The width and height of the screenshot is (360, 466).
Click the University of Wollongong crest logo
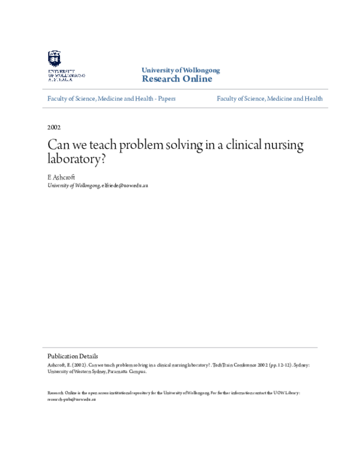pos(54,58)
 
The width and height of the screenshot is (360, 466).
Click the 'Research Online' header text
pos(176,79)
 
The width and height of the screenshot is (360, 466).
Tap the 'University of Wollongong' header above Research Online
pos(176,70)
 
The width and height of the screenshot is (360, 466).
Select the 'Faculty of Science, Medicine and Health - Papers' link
pos(111,98)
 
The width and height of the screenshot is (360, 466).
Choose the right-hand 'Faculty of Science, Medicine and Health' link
pos(269,98)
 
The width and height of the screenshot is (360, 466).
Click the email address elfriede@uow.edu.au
pos(125,186)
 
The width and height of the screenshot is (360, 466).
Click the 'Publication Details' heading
pos(73,356)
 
